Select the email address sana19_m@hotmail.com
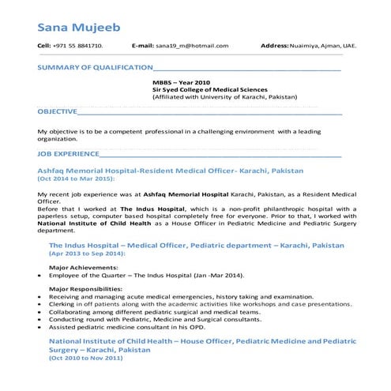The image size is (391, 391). point(192,47)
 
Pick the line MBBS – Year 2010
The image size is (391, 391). point(180,82)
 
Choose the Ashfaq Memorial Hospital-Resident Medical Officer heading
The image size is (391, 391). point(170,171)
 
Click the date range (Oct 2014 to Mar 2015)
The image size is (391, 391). point(76,179)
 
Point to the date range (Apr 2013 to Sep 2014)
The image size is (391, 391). point(87,254)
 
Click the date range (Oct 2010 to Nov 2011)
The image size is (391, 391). point(86,358)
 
